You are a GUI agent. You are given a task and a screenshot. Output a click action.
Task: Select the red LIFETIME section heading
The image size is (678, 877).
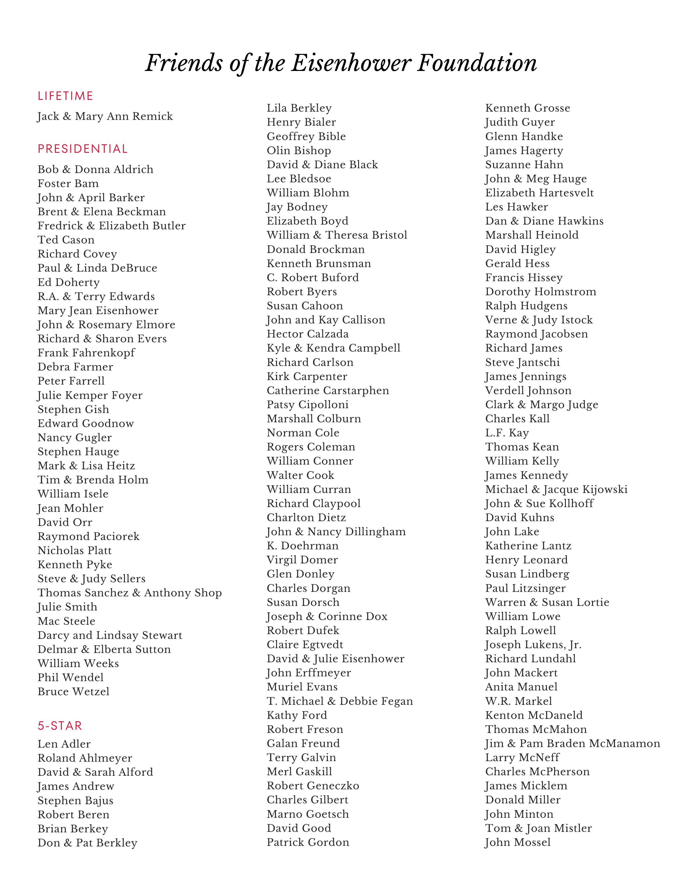[65, 96]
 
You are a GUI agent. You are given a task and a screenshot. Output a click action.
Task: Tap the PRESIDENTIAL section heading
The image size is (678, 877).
[83, 149]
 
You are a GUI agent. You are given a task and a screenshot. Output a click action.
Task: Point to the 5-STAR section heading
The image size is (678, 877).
[60, 726]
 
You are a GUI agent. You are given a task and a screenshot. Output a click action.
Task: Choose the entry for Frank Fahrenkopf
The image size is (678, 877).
[86, 353]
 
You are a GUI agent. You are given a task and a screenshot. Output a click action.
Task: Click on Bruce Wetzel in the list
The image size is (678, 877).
[73, 692]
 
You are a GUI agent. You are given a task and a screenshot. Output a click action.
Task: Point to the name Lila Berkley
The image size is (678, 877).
[299, 108]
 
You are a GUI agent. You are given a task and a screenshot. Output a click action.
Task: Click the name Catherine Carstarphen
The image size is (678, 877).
[328, 391]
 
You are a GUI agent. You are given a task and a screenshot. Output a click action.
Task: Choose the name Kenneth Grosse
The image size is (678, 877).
[528, 108]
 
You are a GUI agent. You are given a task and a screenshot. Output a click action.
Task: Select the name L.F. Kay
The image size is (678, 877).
[507, 433]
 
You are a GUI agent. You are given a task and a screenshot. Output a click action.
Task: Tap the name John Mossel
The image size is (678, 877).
[518, 842]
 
